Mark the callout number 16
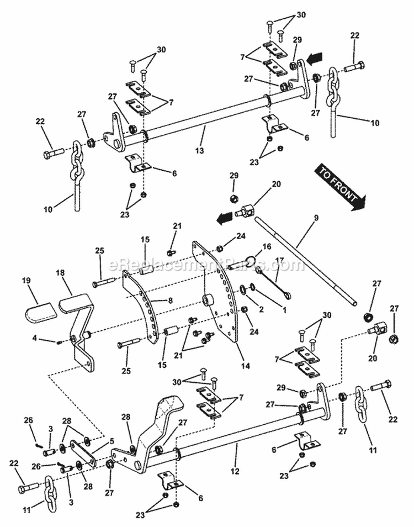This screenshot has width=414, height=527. (267, 246)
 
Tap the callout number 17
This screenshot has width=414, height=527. (279, 260)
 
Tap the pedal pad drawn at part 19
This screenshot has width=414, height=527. (41, 313)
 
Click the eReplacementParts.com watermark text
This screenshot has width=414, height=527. (207, 265)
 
